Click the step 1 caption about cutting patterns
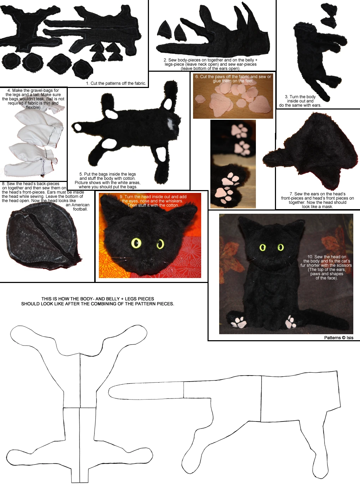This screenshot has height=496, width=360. pyautogui.click(x=116, y=83)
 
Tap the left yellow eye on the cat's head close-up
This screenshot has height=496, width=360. pyautogui.click(x=136, y=243)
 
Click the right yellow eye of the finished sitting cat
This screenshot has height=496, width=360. pyautogui.click(x=281, y=247)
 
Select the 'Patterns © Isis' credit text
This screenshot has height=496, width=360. pyautogui.click(x=338, y=338)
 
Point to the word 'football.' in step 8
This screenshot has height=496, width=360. pyautogui.click(x=80, y=209)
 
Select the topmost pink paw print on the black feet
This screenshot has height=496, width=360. pyautogui.click(x=240, y=131)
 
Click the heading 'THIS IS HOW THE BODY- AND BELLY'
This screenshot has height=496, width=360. pyautogui.click(x=97, y=299)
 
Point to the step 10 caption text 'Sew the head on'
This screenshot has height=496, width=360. pyautogui.click(x=326, y=257)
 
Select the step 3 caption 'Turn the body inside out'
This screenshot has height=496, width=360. pyautogui.click(x=300, y=99)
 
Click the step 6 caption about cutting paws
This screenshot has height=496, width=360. pyautogui.click(x=233, y=78)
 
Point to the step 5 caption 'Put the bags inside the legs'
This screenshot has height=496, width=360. pyautogui.click(x=107, y=174)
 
